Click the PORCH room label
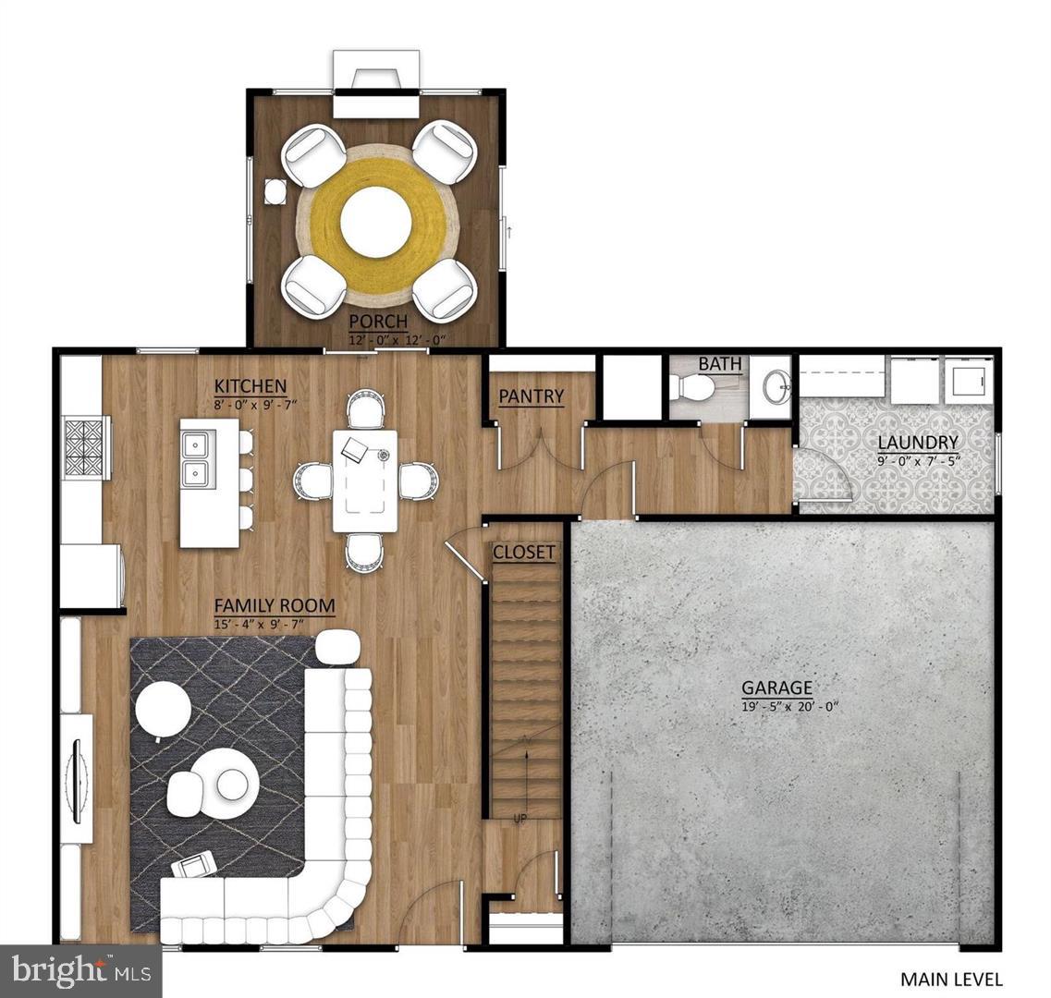point(378,322)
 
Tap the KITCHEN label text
point(250,386)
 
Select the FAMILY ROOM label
point(275,606)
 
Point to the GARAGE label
point(777,688)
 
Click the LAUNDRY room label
point(917,442)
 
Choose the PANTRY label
point(531,396)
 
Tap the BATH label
point(719,364)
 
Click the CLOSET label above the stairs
point(524,553)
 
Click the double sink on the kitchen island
point(196,460)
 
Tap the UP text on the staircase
point(519,818)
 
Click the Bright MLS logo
point(81,970)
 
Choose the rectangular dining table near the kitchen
point(366,480)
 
